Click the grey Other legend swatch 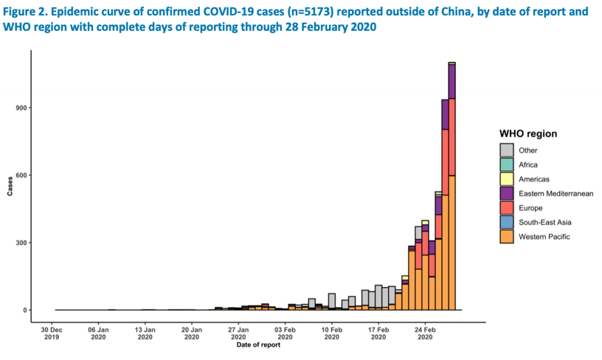click(x=506, y=151)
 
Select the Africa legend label click(x=529, y=165)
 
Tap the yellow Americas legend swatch click(x=506, y=179)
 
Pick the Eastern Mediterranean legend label click(x=556, y=193)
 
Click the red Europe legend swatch click(x=506, y=208)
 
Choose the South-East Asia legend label click(x=544, y=222)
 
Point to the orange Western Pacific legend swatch click(x=506, y=237)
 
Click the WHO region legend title click(x=527, y=134)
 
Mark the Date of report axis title click(x=258, y=345)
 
